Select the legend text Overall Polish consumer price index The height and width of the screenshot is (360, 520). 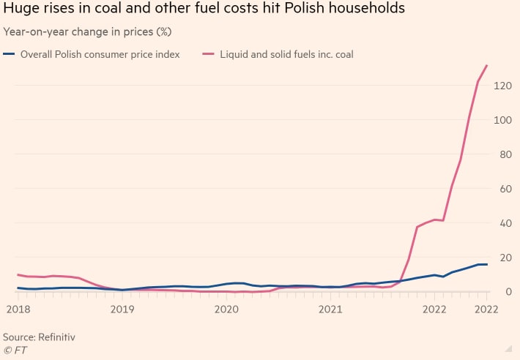[100, 54]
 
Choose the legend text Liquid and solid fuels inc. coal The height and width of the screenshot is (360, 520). [286, 54]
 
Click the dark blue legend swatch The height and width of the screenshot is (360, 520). [10, 54]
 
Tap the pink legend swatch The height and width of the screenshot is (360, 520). [209, 54]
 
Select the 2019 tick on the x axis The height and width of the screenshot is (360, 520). [122, 310]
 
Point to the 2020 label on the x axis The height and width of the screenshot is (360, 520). [226, 310]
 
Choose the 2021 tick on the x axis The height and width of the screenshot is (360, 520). [330, 310]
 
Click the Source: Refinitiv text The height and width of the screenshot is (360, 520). [40, 337]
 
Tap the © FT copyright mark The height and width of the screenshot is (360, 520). [15, 350]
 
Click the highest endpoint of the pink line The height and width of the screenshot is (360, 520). [487, 66]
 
